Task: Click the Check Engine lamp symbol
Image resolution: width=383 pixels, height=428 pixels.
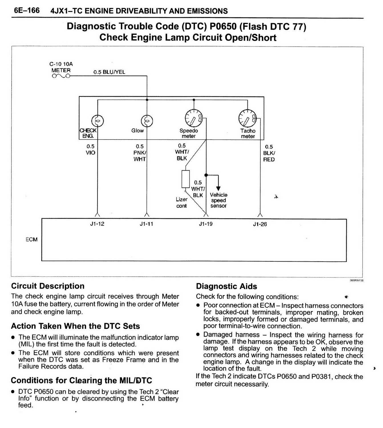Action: pos(98,121)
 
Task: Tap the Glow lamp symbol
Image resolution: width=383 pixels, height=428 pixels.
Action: pos(147,121)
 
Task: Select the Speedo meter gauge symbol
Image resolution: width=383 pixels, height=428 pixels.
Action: pos(193,118)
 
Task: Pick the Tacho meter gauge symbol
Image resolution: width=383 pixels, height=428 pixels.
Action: pos(247,118)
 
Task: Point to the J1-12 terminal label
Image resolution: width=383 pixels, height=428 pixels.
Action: pos(97,224)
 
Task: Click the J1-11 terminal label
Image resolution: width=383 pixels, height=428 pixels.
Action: pos(147,224)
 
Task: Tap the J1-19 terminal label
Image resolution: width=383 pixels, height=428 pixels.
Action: pos(206,224)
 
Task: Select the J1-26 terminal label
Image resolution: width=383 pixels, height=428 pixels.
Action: pos(260,224)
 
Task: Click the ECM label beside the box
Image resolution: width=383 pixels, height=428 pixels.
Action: pos(31,239)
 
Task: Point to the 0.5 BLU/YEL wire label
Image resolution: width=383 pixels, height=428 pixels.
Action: pos(109,72)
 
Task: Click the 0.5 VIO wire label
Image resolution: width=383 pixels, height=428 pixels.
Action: pos(90,150)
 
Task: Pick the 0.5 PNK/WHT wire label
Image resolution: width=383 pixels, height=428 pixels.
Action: pos(140,153)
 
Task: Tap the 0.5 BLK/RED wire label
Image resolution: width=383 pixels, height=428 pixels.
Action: pos(269,153)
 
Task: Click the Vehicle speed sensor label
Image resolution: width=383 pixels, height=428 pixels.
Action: pos(218,200)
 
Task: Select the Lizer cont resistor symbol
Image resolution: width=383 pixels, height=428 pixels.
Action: pos(186,179)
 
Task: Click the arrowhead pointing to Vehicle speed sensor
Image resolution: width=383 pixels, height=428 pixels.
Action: pos(218,188)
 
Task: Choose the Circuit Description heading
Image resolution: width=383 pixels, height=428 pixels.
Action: pos(48,286)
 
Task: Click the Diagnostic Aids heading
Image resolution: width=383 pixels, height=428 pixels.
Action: pos(226,286)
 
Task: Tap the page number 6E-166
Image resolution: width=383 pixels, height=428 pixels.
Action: pos(27,11)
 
